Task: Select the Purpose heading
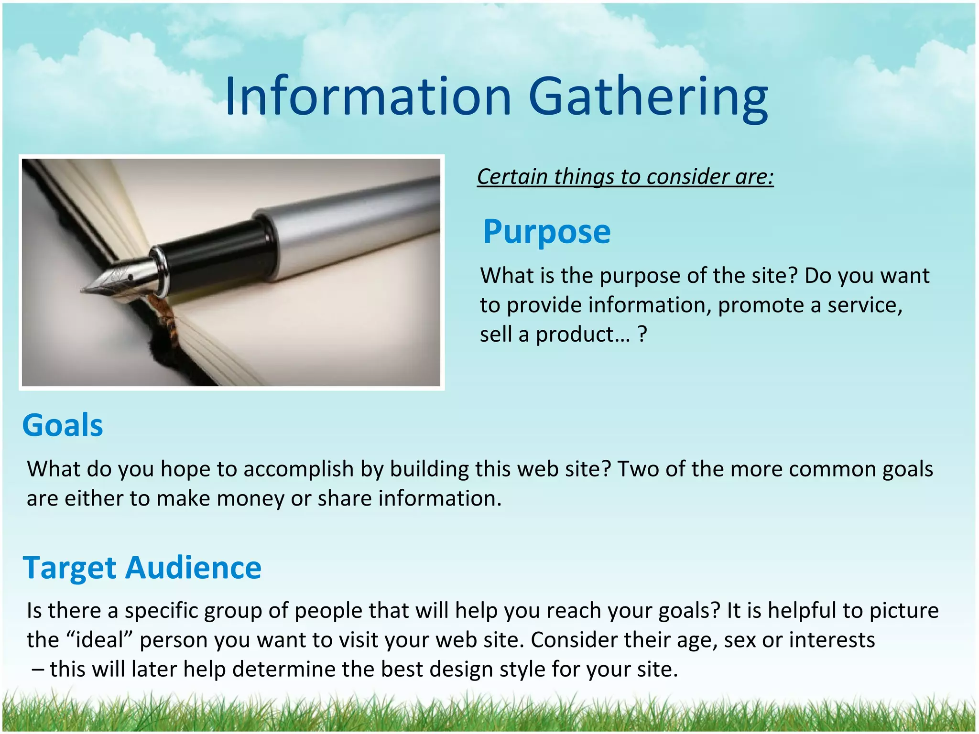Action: [546, 232]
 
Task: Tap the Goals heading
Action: [63, 425]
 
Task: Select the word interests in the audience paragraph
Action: [832, 640]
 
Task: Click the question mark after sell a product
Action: [642, 335]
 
